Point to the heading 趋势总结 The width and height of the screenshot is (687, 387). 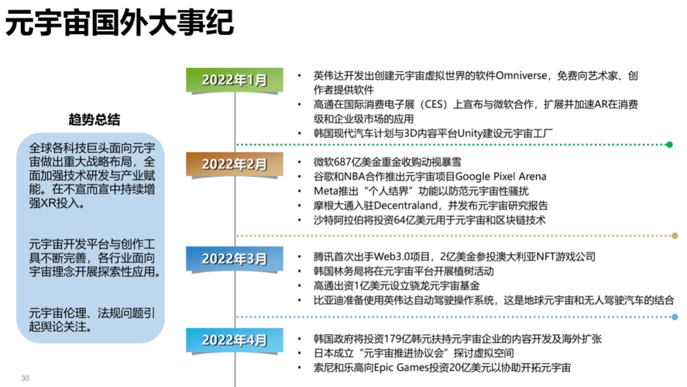(x=94, y=120)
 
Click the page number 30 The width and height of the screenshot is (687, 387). (x=25, y=378)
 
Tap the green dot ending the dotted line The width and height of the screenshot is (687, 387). (x=669, y=144)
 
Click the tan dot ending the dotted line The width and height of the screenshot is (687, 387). (x=674, y=236)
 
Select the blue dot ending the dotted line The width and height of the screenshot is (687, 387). (x=674, y=316)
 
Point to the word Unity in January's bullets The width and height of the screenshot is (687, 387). (x=471, y=133)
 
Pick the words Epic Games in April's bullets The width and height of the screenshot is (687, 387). (x=413, y=368)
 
